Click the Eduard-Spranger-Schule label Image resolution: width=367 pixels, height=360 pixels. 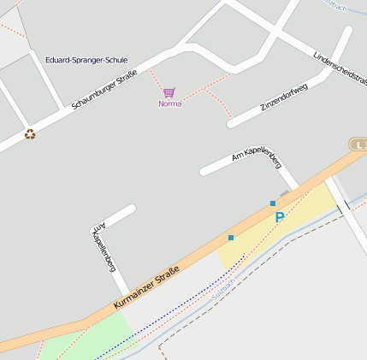[x=86, y=60]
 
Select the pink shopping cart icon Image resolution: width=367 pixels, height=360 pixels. [x=169, y=92]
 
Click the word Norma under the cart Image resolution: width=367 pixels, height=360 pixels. [x=169, y=103]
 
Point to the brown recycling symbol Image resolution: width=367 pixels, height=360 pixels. [x=30, y=133]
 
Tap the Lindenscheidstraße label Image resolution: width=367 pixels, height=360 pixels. [x=340, y=68]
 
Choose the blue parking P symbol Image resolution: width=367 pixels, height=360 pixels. [x=279, y=217]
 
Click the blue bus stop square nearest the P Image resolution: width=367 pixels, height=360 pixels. [x=273, y=204]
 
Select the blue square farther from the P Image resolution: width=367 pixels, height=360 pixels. [x=231, y=237]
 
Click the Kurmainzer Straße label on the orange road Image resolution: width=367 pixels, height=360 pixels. [x=146, y=289]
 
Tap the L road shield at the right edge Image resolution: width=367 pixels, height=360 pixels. [x=358, y=145]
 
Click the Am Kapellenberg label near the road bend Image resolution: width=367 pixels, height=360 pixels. [x=257, y=155]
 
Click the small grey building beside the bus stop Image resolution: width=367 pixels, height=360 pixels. [x=283, y=195]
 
